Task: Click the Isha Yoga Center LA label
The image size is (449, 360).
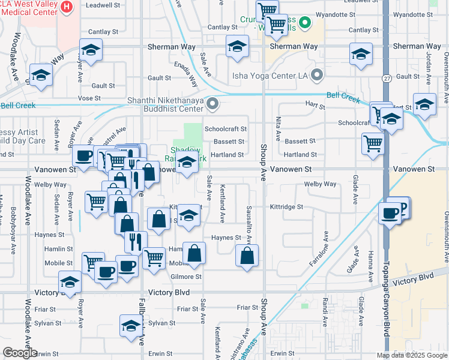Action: point(270,76)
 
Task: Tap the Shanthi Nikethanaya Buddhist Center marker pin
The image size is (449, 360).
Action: point(212,105)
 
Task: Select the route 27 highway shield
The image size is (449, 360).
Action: point(387,78)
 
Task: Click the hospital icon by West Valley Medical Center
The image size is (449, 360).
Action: point(67,7)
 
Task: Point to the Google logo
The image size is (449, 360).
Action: point(20,353)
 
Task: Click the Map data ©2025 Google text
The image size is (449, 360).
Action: point(411,355)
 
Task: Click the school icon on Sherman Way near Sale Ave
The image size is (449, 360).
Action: point(237,46)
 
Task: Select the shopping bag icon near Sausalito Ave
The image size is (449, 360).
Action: point(247,256)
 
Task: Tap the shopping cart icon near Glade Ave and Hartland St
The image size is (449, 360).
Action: point(373,144)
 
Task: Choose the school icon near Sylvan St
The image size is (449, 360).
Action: point(130,326)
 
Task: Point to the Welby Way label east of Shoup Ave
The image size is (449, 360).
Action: point(320,184)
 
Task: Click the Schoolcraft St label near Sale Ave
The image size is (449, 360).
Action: point(225,129)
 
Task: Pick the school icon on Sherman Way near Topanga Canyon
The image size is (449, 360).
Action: point(361,55)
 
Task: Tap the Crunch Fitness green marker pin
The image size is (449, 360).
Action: point(304,23)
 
